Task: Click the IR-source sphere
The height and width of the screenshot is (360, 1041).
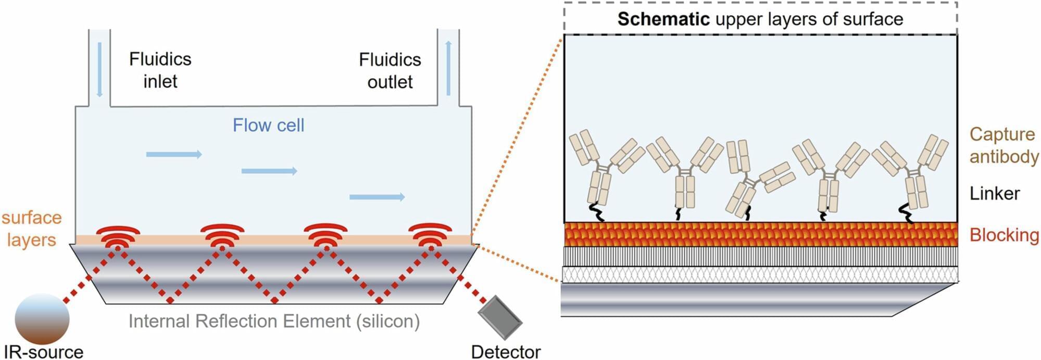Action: (42, 318)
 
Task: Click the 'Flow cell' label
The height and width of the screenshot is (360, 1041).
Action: (268, 126)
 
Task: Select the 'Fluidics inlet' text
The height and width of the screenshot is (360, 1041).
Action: (160, 70)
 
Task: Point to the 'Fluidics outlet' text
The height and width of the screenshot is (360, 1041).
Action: (390, 71)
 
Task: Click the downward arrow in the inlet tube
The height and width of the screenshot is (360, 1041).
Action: (99, 70)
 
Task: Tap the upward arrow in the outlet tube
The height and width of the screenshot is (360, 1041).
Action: (448, 68)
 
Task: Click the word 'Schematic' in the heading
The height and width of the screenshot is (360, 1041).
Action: (663, 19)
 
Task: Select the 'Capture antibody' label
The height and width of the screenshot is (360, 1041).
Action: (1003, 145)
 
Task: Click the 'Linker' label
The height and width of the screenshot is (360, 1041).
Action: (995, 194)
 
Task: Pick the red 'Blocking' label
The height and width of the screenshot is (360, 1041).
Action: (1004, 235)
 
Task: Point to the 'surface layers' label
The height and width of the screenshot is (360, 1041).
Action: (31, 229)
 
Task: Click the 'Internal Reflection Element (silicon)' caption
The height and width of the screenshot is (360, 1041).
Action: (274, 321)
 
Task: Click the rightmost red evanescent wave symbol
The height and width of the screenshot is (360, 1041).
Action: (430, 236)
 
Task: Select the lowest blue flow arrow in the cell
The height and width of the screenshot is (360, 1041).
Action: (377, 197)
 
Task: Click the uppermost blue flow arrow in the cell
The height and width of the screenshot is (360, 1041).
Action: (174, 154)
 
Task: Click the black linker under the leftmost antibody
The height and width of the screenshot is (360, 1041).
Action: (596, 213)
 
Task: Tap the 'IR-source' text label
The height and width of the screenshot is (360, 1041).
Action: (44, 352)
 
